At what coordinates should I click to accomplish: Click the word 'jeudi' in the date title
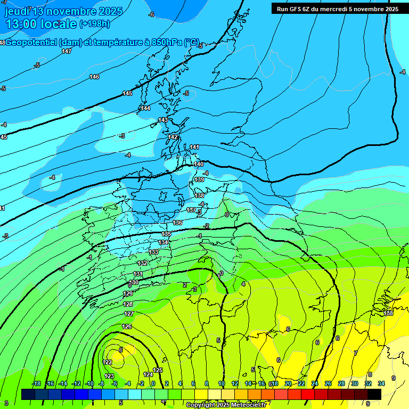(x=17, y=11)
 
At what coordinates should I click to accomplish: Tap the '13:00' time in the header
(x=22, y=24)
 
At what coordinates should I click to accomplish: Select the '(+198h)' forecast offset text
(x=95, y=24)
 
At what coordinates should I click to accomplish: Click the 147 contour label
(x=67, y=51)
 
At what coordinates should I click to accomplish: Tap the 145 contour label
(x=127, y=93)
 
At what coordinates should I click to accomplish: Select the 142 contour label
(x=173, y=137)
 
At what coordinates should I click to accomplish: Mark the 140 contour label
(x=199, y=164)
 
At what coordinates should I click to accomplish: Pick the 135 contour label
(x=166, y=234)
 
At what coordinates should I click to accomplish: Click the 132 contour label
(x=142, y=263)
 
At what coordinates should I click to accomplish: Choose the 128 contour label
(x=128, y=304)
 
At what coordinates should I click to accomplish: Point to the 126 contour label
(x=127, y=326)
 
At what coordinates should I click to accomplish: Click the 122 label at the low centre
(x=108, y=362)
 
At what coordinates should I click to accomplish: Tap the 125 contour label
(x=158, y=370)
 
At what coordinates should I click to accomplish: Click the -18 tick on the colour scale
(x=36, y=383)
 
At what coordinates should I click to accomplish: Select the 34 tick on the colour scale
(x=381, y=383)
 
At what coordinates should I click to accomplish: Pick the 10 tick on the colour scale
(x=222, y=383)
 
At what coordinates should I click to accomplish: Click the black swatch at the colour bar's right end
(x=374, y=394)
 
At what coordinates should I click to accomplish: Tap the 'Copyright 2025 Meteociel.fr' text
(x=226, y=405)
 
